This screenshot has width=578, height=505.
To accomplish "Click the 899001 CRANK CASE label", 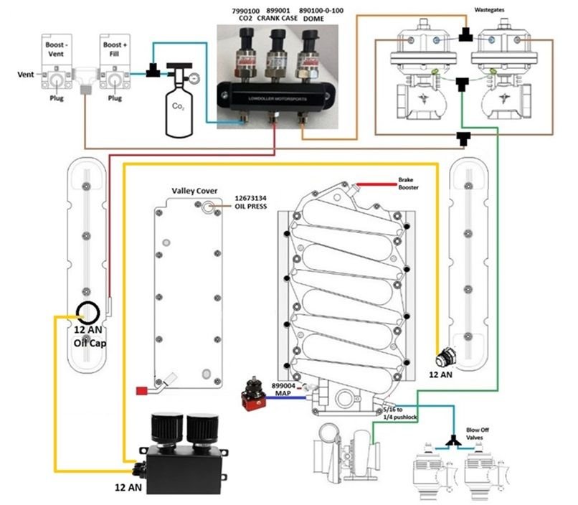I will (x=280, y=15).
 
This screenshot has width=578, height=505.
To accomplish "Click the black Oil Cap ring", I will (x=89, y=312).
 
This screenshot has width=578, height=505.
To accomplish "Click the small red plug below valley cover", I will (x=141, y=390).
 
